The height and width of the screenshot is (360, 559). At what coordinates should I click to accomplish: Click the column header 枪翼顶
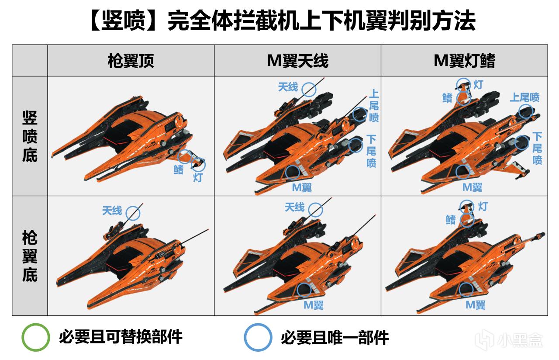point(131,61)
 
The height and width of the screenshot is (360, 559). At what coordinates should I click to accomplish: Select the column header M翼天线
point(297,61)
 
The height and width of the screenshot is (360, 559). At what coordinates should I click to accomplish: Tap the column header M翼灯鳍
point(464,61)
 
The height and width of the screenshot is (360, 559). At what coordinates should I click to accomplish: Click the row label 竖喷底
point(30,136)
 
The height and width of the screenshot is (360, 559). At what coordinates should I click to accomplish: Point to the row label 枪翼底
point(30,256)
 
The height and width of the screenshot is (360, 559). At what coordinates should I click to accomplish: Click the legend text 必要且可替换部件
point(121,337)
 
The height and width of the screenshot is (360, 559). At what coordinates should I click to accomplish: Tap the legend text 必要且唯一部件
point(335,338)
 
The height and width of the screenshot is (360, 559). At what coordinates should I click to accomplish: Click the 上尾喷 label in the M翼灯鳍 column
point(524,97)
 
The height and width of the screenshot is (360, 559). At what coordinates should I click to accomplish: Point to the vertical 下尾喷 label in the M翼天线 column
point(371,151)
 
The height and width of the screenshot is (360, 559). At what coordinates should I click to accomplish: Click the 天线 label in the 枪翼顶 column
point(112,211)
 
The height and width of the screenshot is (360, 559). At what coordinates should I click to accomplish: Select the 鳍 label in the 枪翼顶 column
point(179,170)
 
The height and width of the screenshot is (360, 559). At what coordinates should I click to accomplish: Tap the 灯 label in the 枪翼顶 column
point(198,178)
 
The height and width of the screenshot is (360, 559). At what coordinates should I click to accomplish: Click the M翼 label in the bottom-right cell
point(476,305)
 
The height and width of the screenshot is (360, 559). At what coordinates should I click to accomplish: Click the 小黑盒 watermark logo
point(509,340)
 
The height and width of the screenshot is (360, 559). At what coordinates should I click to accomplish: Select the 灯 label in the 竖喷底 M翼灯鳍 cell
point(478,85)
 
